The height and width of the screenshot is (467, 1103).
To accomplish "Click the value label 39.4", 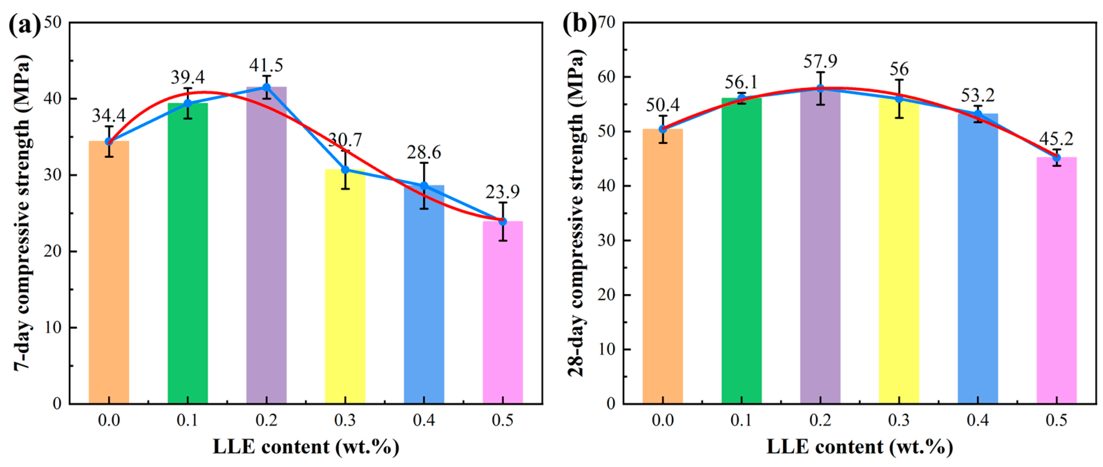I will click(188, 77).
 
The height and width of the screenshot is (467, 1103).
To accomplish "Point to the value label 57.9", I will click(820, 62).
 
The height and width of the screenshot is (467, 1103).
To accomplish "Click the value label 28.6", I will click(423, 152).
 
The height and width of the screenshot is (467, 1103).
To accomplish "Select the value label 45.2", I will click(1056, 139).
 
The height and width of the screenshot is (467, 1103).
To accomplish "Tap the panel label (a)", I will click(25, 25).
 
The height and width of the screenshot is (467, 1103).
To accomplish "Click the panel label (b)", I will click(579, 25).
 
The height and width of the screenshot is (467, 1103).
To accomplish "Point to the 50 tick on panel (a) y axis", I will click(53, 22).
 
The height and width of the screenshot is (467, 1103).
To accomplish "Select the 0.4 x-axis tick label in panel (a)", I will click(423, 420).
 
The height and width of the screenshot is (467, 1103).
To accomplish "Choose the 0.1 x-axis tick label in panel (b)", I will click(741, 420).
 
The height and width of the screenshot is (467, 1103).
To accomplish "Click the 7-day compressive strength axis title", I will click(22, 213).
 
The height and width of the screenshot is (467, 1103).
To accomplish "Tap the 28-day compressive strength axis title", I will click(576, 213).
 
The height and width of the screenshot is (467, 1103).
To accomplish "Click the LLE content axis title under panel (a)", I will click(306, 447).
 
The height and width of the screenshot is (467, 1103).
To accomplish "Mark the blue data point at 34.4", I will click(109, 141).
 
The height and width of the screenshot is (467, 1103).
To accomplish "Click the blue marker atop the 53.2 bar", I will click(978, 114).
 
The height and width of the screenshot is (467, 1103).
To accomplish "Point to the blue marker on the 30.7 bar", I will click(345, 170).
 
